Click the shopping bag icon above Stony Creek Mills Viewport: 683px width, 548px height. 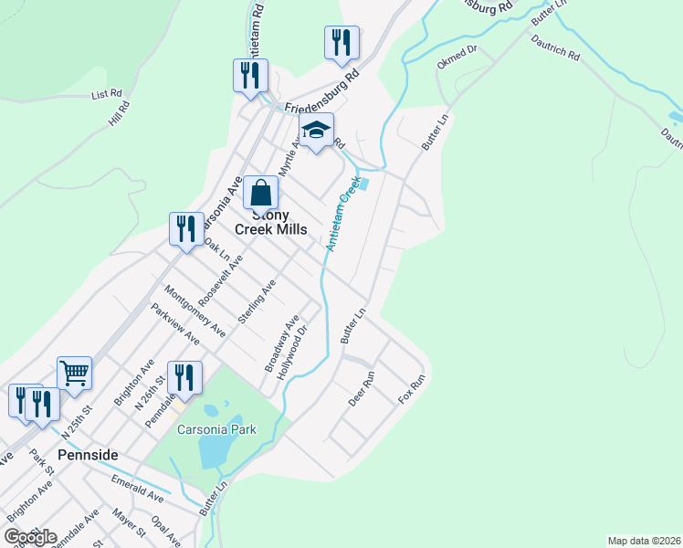click(x=260, y=194)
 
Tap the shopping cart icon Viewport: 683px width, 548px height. click(x=74, y=373)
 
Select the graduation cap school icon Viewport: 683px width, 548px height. click(x=316, y=132)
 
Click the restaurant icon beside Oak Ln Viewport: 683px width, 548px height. click(x=186, y=229)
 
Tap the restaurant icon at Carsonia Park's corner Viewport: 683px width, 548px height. click(x=184, y=378)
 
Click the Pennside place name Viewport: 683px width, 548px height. click(x=89, y=454)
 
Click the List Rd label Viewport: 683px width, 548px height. click(x=107, y=94)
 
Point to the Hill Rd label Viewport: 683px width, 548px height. click(x=119, y=113)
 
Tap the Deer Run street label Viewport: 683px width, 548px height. click(x=362, y=388)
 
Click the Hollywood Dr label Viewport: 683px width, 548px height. click(x=306, y=343)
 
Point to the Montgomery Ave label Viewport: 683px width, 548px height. click(x=194, y=310)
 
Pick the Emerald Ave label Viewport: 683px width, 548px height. click(x=137, y=490)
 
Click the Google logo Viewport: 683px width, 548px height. click(x=30, y=536)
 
